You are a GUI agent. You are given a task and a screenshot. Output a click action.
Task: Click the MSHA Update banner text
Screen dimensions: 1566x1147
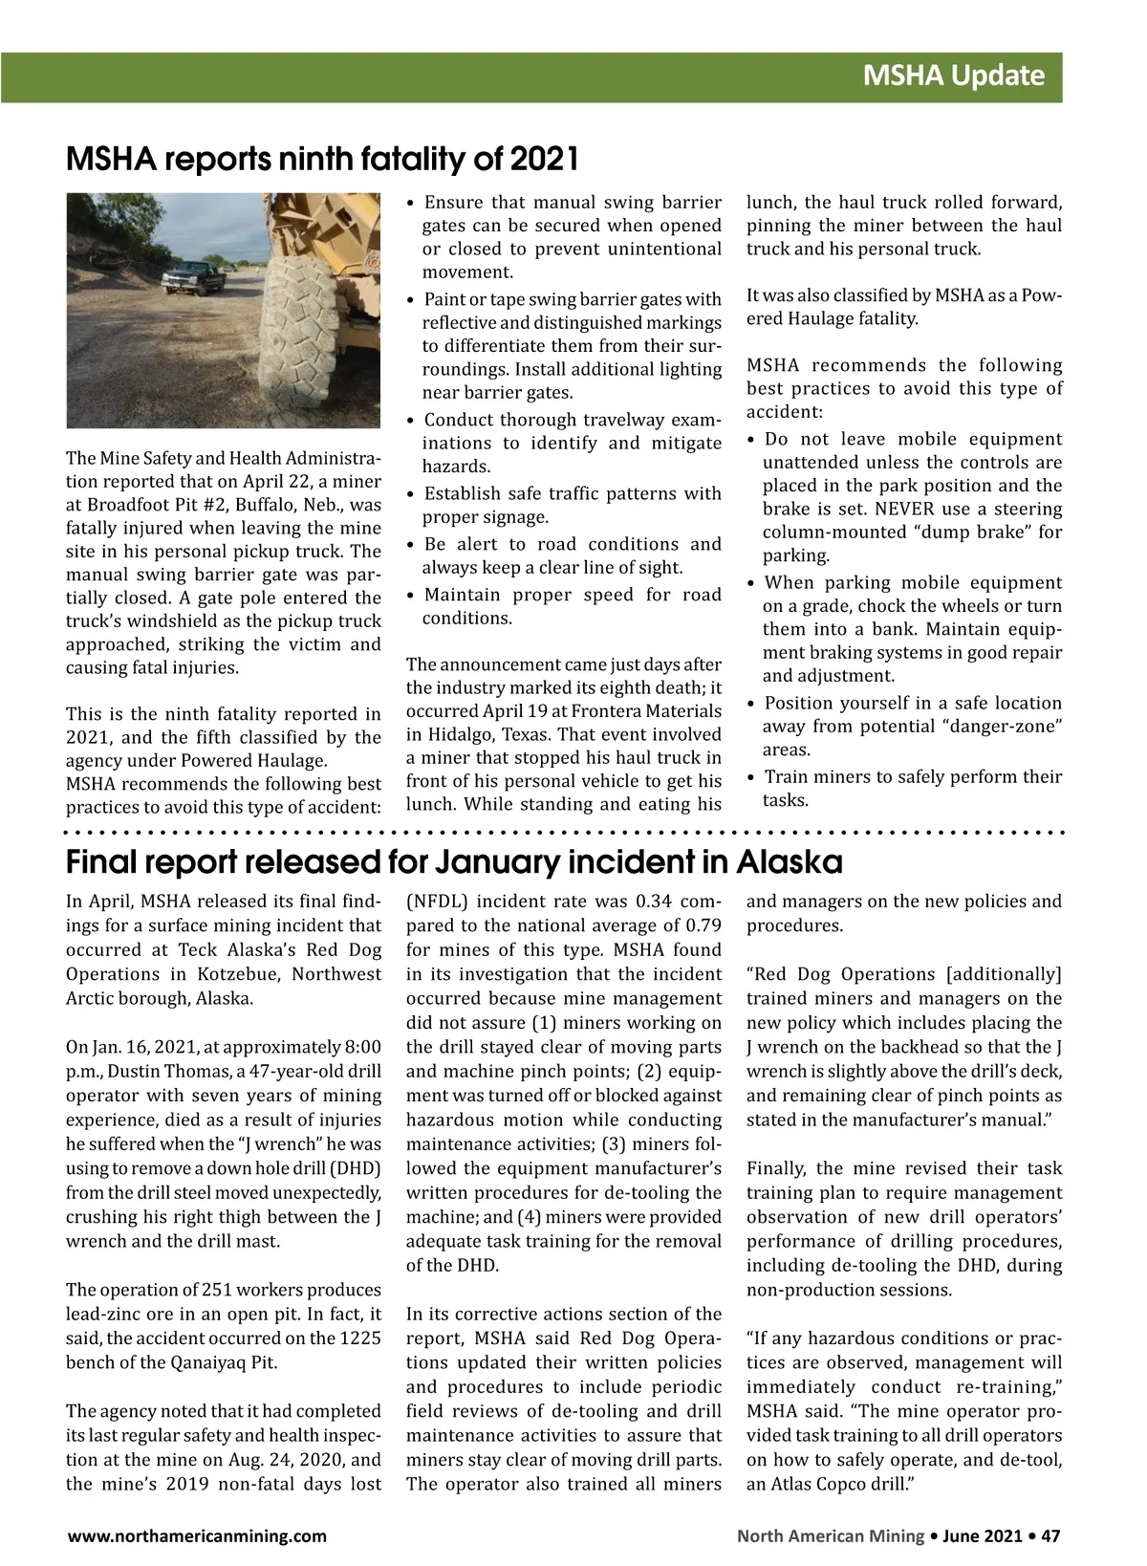(x=953, y=76)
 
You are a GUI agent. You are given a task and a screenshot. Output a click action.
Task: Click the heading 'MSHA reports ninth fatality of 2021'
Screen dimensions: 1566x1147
(x=322, y=159)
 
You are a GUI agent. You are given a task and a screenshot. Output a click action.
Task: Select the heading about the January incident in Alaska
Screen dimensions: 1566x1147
(x=454, y=862)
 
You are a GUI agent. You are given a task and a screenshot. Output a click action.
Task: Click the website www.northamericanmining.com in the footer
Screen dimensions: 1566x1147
(x=196, y=1536)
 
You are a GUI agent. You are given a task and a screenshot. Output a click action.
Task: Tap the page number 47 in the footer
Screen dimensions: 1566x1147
(x=1050, y=1536)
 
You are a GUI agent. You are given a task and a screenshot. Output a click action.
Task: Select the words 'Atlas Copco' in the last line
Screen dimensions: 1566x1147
(x=811, y=1485)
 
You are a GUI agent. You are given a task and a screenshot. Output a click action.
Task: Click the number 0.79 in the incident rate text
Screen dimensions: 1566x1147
(x=703, y=925)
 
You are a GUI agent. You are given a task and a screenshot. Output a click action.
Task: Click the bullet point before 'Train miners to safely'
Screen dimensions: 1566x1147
(x=752, y=777)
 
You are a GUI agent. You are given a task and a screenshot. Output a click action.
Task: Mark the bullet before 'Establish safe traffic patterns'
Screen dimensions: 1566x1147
(x=411, y=494)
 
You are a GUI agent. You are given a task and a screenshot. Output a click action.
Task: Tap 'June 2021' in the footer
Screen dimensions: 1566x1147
(x=983, y=1536)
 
